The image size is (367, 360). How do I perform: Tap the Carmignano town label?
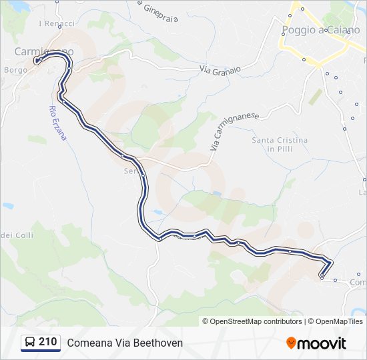(x=44, y=51)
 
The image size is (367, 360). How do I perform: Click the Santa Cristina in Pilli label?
(x=280, y=145)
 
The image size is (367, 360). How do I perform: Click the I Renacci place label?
(x=57, y=23)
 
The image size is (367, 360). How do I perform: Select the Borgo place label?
(x=15, y=69)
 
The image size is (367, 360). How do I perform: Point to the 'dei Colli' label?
(x=16, y=235)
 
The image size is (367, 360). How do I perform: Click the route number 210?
(x=47, y=342)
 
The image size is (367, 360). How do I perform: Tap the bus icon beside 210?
(x=30, y=343)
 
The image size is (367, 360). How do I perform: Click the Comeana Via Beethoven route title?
(x=125, y=343)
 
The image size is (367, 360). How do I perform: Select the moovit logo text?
(x=322, y=343)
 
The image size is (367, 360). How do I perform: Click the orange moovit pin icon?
(x=291, y=343)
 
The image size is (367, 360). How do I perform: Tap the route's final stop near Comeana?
(x=322, y=275)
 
